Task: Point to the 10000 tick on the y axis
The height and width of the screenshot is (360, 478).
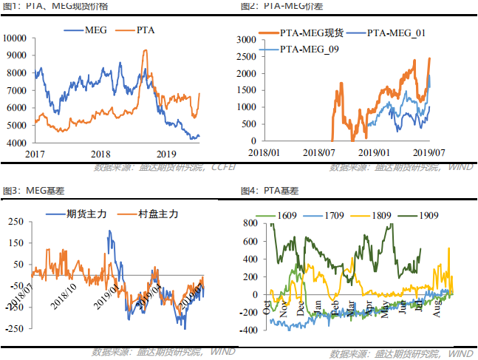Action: click(x=16, y=38)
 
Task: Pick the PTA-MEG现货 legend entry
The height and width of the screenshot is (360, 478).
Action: click(x=303, y=33)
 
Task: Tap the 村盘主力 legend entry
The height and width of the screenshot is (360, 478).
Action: click(x=152, y=214)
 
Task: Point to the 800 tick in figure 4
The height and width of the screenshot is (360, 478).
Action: click(x=248, y=223)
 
